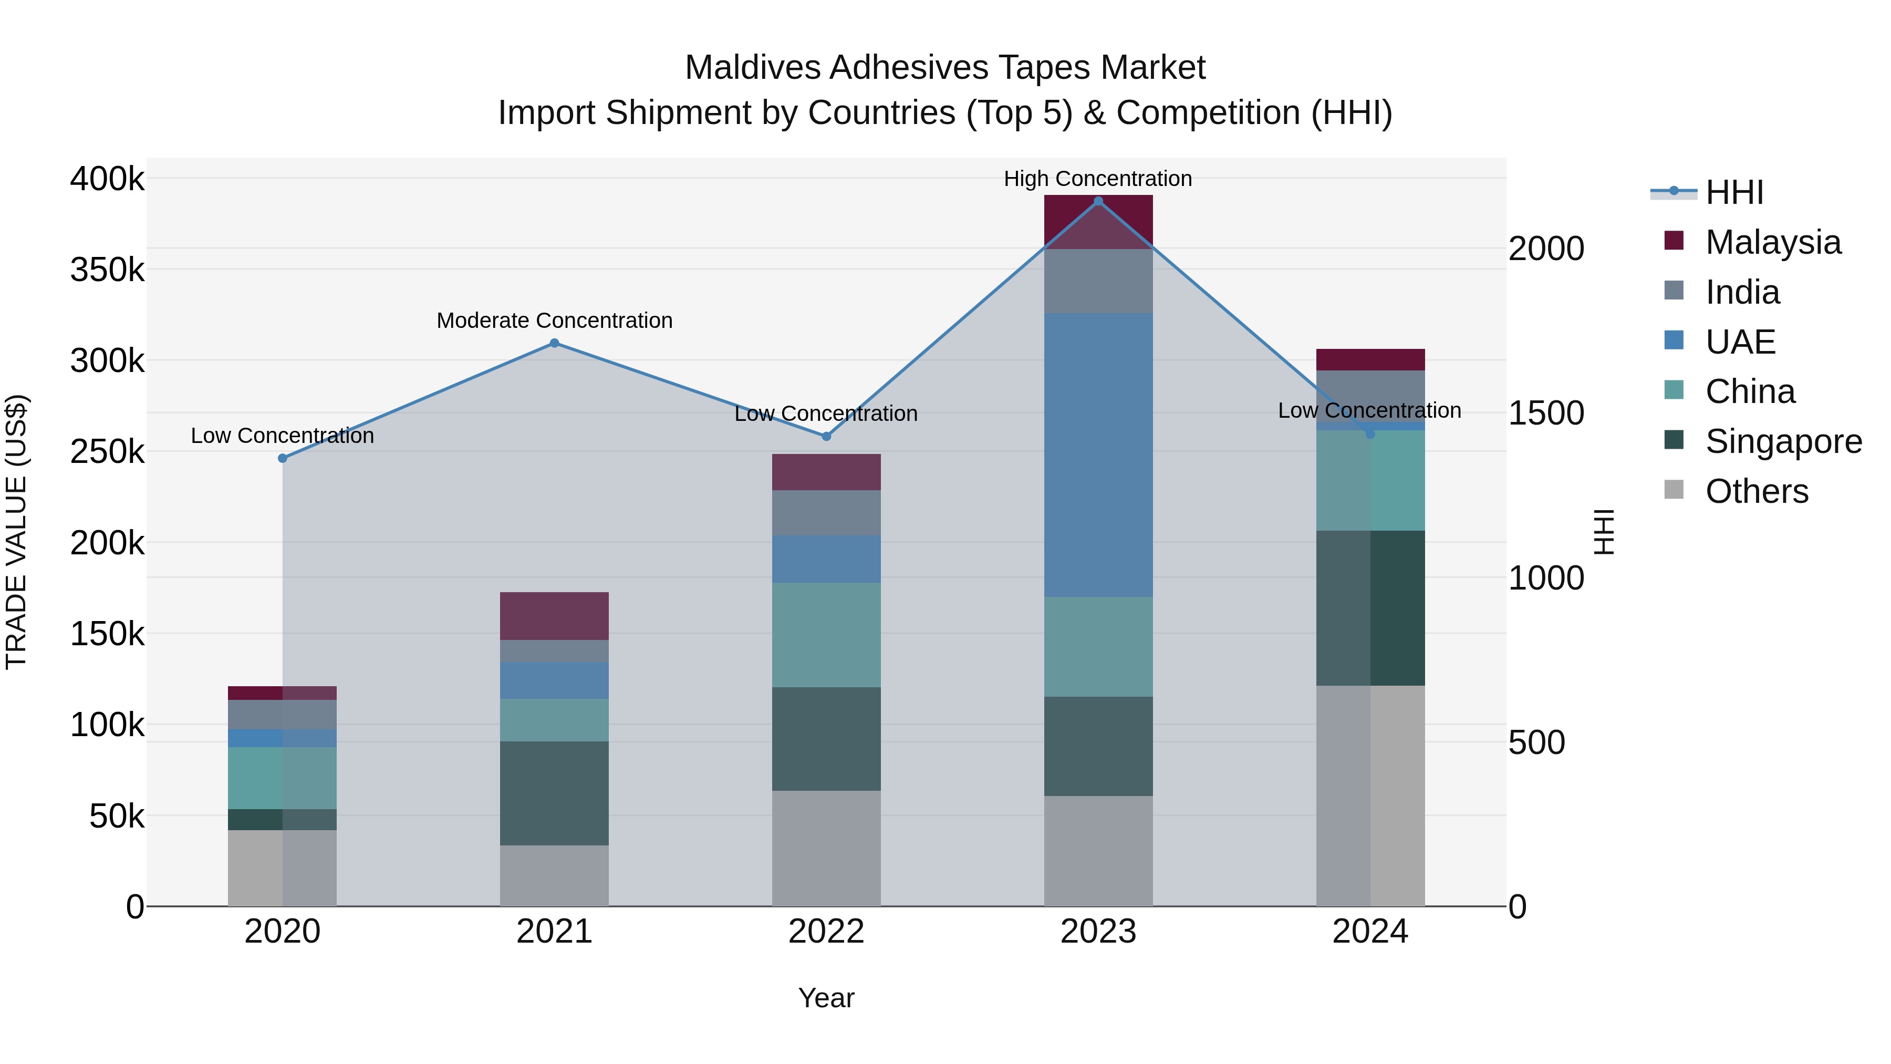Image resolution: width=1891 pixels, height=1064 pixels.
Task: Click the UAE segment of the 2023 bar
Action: tap(1098, 454)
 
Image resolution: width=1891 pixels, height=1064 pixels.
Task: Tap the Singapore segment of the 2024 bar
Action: tap(1370, 608)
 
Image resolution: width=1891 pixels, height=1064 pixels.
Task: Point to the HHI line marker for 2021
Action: tap(554, 343)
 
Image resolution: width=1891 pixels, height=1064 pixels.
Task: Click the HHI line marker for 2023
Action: tap(1098, 201)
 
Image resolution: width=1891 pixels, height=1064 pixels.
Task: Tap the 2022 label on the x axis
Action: tap(826, 932)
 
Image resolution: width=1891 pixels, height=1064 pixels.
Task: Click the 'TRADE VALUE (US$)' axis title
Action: tap(16, 532)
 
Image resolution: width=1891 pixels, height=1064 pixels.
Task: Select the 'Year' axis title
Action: tap(826, 998)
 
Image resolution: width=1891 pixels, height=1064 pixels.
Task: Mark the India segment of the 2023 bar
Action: tap(1098, 281)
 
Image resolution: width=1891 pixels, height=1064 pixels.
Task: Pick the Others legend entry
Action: tap(1756, 491)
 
